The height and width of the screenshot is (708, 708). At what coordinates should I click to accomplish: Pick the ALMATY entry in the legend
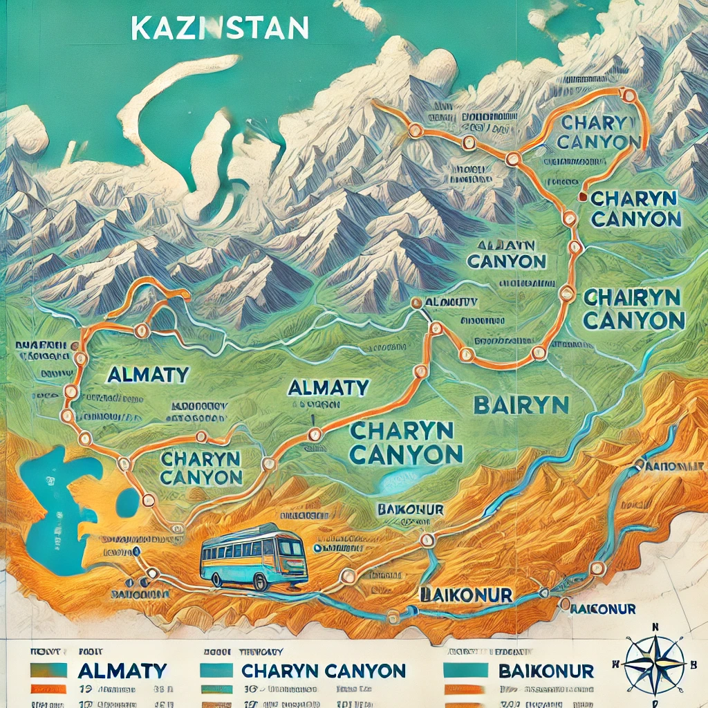click(x=122, y=670)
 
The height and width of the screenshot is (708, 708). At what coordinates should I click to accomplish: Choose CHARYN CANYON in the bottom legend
click(x=323, y=670)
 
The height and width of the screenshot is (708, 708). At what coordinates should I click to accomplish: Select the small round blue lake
click(x=128, y=502)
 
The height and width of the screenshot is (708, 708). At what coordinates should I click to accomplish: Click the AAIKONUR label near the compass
click(x=602, y=608)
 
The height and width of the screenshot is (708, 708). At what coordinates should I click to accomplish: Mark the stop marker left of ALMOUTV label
click(x=416, y=303)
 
